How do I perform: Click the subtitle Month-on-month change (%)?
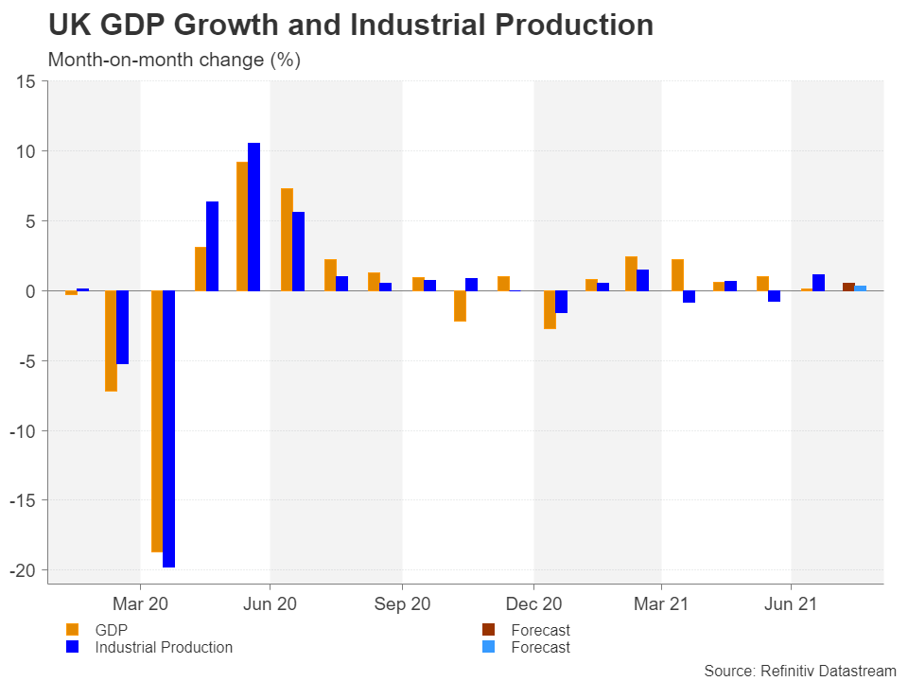[174, 61]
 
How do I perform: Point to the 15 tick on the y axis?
[26, 82]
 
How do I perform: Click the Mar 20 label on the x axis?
[140, 603]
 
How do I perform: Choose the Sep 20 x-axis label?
[402, 603]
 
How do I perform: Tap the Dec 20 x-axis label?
[533, 603]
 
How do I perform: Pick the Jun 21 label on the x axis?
[791, 603]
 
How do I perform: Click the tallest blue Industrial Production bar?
[253, 217]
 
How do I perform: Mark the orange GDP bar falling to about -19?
[157, 421]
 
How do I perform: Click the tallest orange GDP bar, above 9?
[242, 227]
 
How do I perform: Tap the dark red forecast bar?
[848, 287]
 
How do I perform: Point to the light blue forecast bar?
[861, 288]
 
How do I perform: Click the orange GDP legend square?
[72, 630]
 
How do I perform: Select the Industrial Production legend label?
[164, 647]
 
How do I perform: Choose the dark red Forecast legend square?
[488, 630]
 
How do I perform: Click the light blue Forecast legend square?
[488, 647]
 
